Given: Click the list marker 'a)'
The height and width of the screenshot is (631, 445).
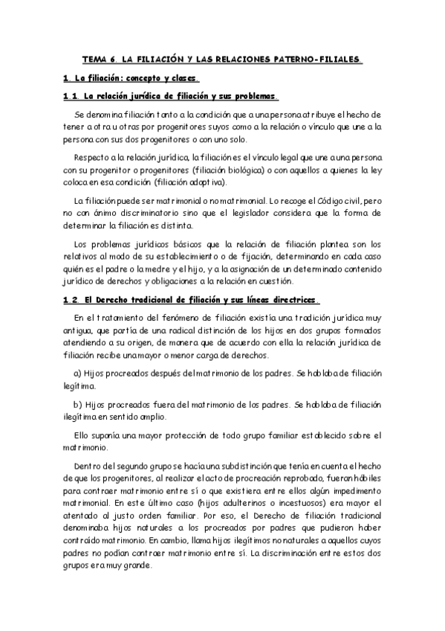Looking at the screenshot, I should pos(78,372).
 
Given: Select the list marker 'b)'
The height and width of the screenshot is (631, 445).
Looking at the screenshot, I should pos(78,406).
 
